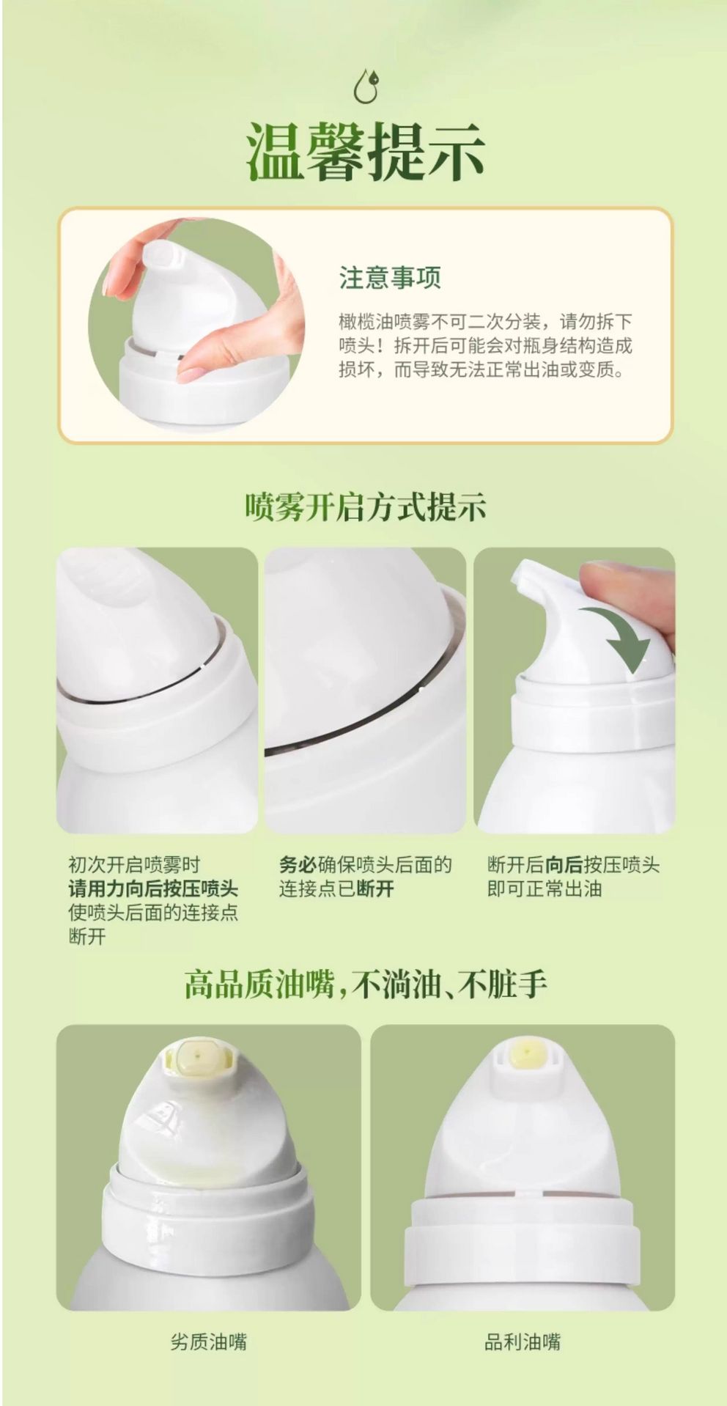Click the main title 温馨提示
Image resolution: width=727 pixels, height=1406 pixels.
[365, 152]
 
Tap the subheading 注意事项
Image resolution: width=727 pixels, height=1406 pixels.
[390, 278]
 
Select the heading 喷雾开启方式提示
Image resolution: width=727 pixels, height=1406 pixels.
[365, 507]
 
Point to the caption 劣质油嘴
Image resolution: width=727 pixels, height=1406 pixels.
[209, 1341]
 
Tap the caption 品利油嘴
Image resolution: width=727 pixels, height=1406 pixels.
[523, 1341]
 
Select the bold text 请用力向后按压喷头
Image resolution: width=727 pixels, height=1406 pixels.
[153, 889]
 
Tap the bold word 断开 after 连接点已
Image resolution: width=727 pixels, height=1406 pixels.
[375, 889]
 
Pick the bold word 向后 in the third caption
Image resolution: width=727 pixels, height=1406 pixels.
[563, 865]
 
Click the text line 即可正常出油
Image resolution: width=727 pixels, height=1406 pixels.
[545, 889]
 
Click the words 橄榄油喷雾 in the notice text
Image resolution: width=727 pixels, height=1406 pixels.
[375, 322]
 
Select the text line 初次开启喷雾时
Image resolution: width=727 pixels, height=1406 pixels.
[134, 865]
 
